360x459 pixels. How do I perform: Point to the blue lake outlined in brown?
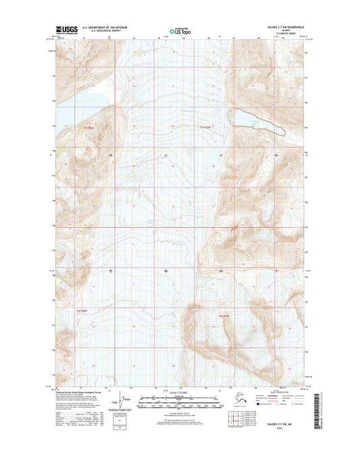pos(256,120)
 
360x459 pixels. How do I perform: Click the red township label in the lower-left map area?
pos(82,310)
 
